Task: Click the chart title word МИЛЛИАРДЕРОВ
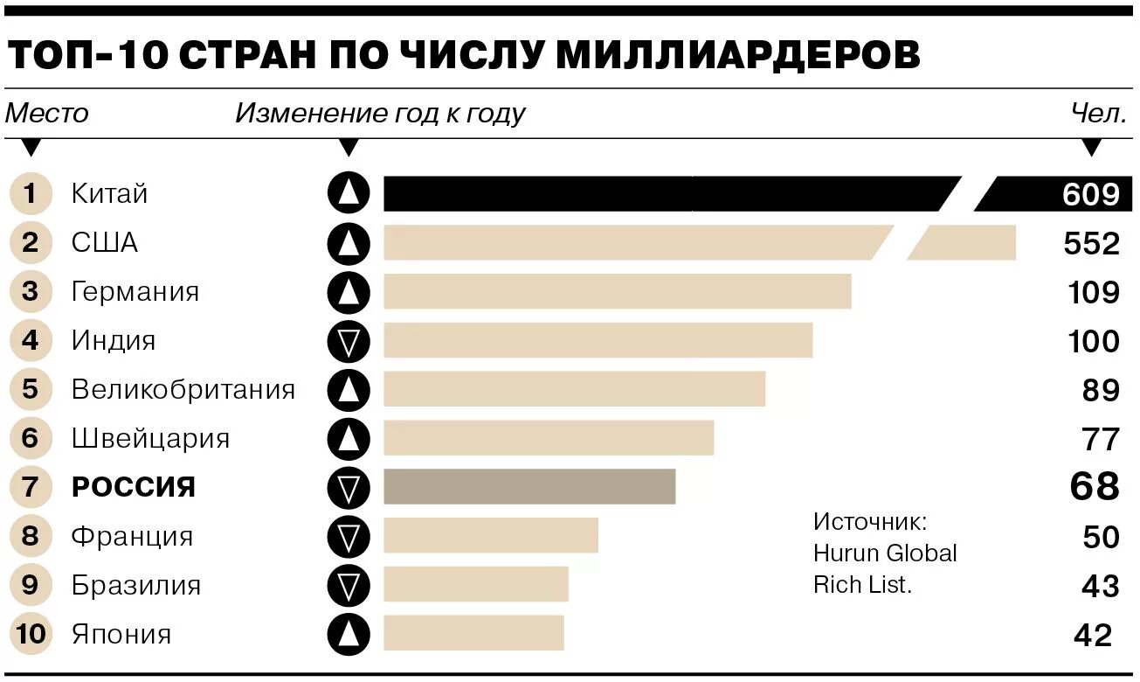pyautogui.click(x=737, y=55)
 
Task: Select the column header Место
pyautogui.click(x=47, y=114)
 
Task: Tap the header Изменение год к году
pyautogui.click(x=380, y=114)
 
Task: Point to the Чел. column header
pyautogui.click(x=1099, y=114)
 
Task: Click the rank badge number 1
pyautogui.click(x=31, y=193)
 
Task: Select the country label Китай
pyautogui.click(x=109, y=193)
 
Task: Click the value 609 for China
pyautogui.click(x=1091, y=194)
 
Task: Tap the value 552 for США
pyautogui.click(x=1091, y=243)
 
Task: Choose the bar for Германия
pyautogui.click(x=617, y=291)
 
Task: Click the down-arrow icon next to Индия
pyautogui.click(x=349, y=341)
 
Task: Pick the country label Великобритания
pyautogui.click(x=183, y=389)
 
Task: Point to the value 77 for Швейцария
pyautogui.click(x=1100, y=438)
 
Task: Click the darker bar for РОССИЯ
pyautogui.click(x=529, y=487)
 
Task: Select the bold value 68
pyautogui.click(x=1095, y=486)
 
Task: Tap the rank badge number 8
pyautogui.click(x=31, y=536)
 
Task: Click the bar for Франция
pyautogui.click(x=491, y=536)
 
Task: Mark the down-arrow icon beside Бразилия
pyautogui.click(x=349, y=585)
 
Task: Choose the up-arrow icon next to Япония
pyautogui.click(x=349, y=634)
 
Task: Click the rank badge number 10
pyautogui.click(x=31, y=634)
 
